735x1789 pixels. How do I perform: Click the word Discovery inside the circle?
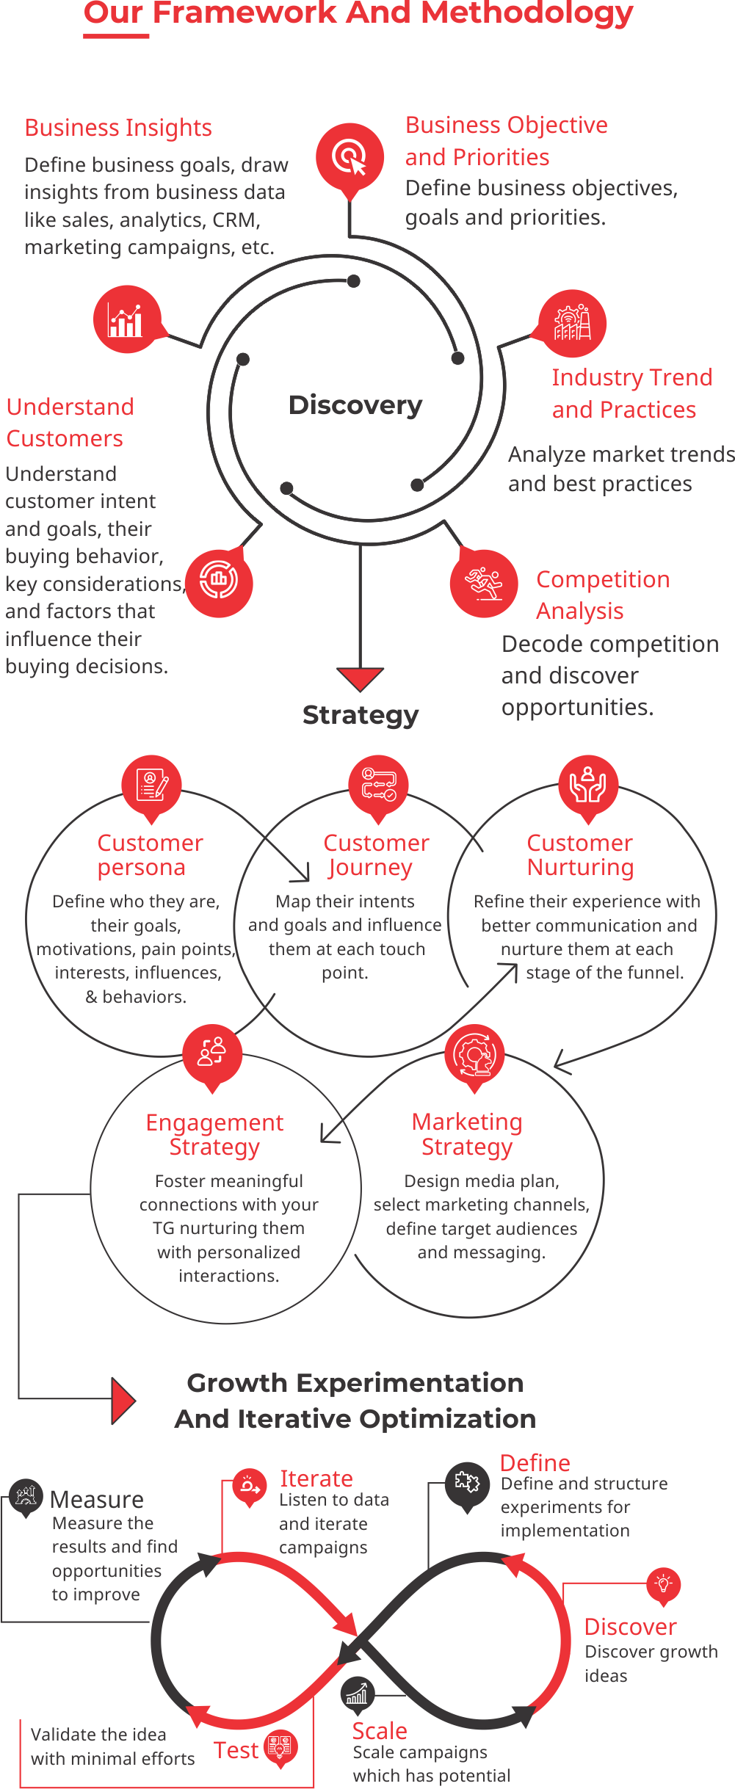click(355, 405)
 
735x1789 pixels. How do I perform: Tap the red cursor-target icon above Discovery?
click(350, 156)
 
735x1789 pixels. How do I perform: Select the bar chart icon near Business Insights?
click(126, 319)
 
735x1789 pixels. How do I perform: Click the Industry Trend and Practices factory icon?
click(572, 323)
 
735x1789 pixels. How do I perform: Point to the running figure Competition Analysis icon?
click(484, 583)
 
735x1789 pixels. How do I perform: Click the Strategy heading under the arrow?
click(361, 715)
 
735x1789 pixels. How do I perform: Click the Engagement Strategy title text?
click(214, 1134)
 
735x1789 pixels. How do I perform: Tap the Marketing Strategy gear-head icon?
click(474, 1055)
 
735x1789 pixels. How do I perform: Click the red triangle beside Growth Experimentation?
click(123, 1401)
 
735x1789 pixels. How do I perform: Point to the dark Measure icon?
click(26, 1495)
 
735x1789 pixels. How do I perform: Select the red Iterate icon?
click(250, 1486)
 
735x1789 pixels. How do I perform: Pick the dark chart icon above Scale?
click(358, 1694)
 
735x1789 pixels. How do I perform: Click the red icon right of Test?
click(280, 1748)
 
